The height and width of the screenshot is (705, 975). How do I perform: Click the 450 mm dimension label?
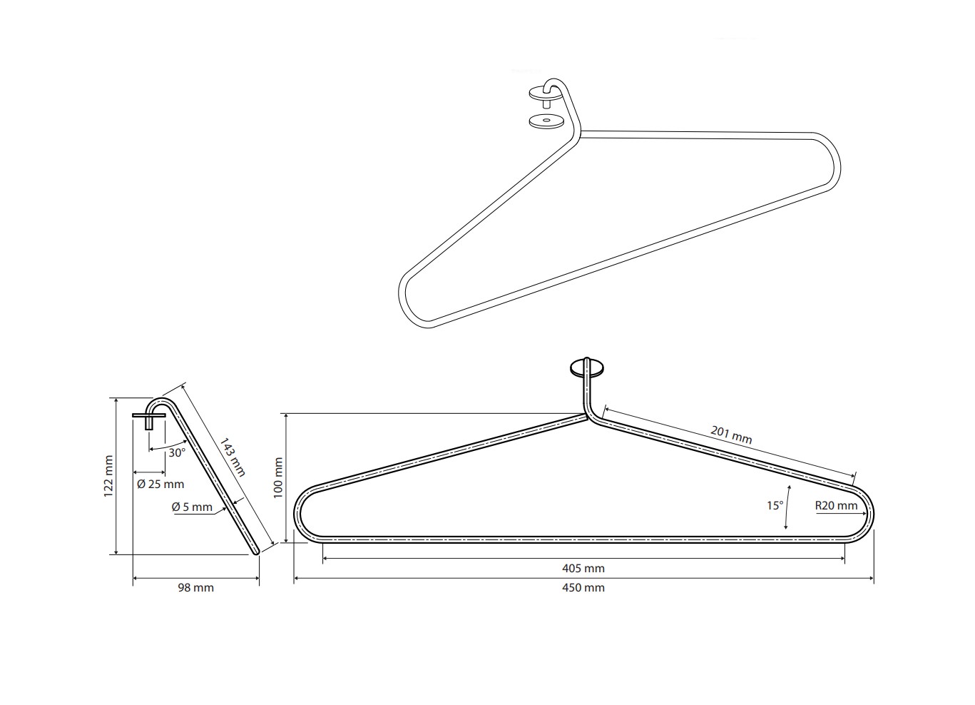coord(583,587)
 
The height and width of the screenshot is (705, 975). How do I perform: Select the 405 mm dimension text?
coord(583,569)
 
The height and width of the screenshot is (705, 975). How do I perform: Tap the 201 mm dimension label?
coord(731,435)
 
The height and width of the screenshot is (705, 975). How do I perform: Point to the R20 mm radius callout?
coord(836,506)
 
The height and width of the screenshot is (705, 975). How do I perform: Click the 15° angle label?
coord(775,506)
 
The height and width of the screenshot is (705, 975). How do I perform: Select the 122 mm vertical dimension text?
coord(109,476)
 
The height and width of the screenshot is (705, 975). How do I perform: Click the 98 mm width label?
coord(195,587)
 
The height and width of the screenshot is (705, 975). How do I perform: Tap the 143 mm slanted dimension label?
coord(232,457)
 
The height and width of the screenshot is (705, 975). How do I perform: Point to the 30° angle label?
coord(177,452)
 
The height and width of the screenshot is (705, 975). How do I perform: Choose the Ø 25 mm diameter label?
coord(160,484)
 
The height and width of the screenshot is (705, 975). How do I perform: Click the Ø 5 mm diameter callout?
coord(193,507)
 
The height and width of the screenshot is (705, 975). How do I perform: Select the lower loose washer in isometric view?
coord(546,121)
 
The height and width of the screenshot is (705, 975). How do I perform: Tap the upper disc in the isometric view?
coord(542,93)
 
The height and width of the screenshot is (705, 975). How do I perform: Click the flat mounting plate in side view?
coord(149,415)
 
